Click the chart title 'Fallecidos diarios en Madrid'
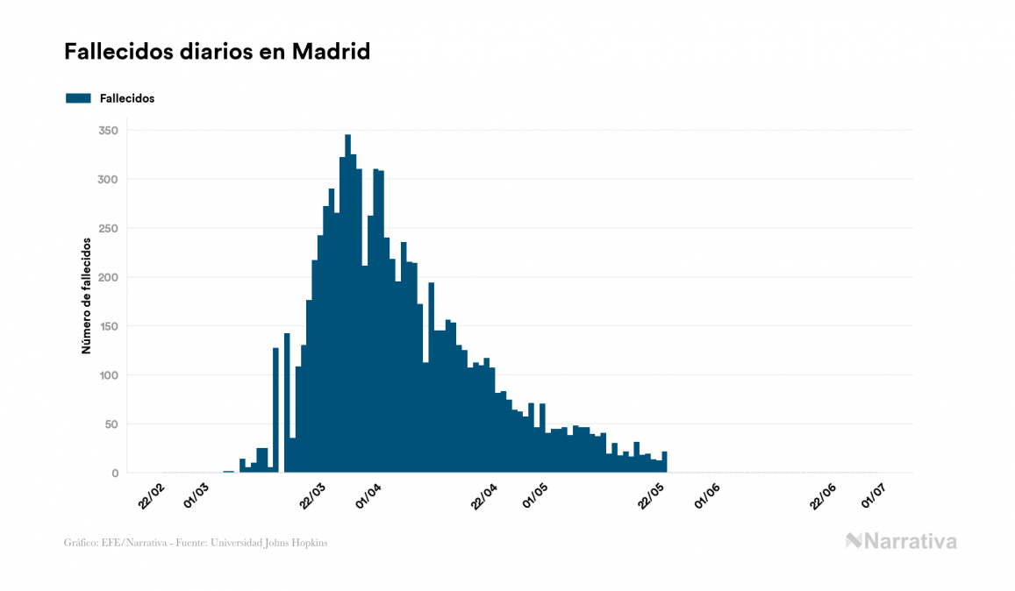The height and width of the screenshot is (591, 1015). tap(217, 52)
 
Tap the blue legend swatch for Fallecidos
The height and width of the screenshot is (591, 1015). tap(78, 98)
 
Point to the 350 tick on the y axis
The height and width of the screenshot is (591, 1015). tap(109, 131)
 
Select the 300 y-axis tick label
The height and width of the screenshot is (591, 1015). tap(109, 180)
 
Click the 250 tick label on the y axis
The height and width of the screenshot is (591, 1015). tap(109, 229)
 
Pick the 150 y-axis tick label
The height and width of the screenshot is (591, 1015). tap(109, 326)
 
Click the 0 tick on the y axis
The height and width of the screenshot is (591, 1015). tap(115, 474)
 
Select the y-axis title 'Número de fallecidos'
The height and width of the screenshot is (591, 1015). tap(87, 295)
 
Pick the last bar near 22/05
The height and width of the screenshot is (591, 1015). tap(665, 462)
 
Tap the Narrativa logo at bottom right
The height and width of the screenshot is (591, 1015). tap(901, 541)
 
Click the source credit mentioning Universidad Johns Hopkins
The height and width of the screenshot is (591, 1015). tap(196, 543)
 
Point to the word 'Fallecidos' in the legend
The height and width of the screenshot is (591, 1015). tap(127, 98)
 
